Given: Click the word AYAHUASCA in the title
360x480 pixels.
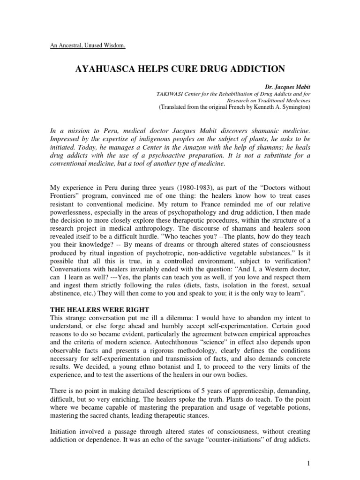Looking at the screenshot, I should pos(103,69).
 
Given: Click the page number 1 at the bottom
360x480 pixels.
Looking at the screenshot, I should pos(309,463).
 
